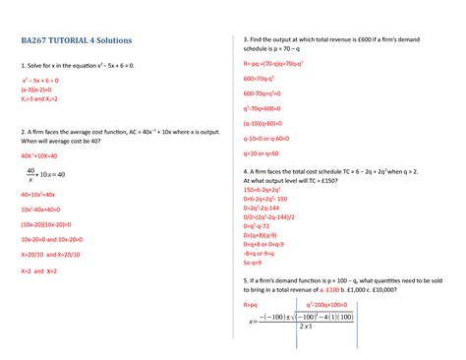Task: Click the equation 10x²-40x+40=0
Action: click(x=44, y=209)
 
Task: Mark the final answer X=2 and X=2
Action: click(x=39, y=270)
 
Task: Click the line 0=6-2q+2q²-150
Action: click(x=269, y=200)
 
